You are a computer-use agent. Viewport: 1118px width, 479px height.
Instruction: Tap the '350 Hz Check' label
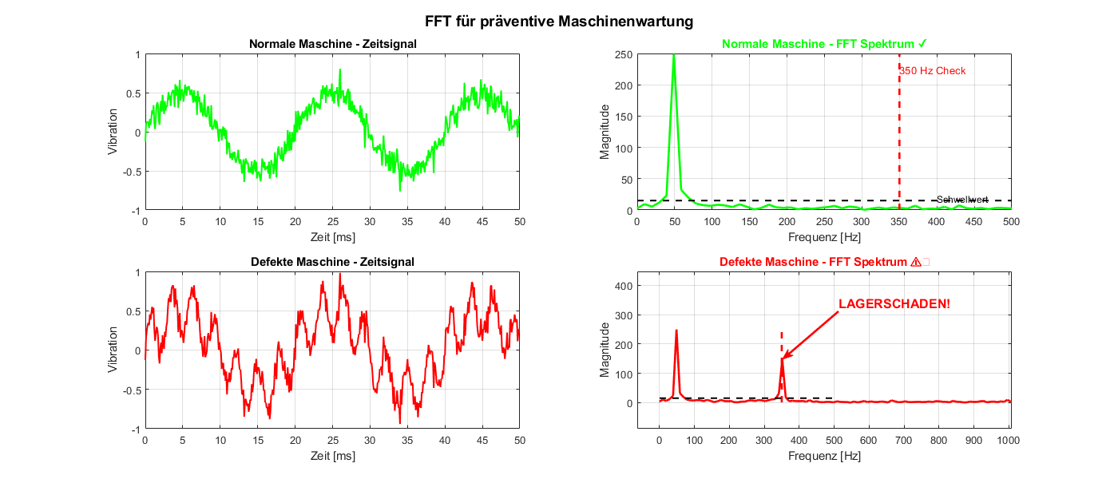[933, 71]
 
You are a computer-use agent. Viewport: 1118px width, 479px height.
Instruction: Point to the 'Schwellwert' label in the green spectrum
[962, 200]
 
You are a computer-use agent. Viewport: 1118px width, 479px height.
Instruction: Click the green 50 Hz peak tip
[674, 56]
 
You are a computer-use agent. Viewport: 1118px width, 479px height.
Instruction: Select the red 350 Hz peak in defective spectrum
[782, 359]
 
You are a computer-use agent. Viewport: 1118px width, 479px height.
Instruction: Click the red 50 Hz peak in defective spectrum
[676, 331]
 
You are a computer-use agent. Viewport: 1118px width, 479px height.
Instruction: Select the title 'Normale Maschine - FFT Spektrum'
[823, 43]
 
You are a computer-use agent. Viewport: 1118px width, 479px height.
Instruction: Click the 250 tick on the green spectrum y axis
[622, 54]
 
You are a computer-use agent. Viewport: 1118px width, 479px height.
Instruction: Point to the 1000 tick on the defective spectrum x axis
[1009, 440]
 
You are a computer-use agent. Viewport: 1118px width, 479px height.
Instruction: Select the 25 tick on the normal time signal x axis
[331, 222]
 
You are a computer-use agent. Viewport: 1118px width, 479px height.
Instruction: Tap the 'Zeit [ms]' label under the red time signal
[331, 457]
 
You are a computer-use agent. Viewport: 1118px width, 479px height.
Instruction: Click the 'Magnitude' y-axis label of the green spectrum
[605, 132]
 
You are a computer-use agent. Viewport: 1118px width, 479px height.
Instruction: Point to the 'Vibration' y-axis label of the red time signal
[113, 350]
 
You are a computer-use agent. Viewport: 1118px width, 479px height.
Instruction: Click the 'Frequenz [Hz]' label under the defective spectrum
[823, 457]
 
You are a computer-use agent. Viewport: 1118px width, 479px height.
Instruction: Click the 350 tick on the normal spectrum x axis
[899, 222]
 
